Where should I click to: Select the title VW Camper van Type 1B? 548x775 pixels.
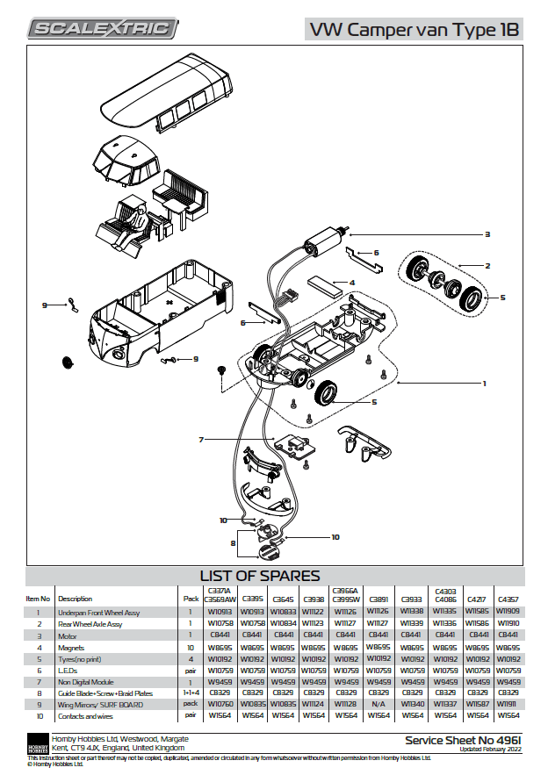point(413,30)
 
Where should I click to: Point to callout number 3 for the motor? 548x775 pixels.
point(487,234)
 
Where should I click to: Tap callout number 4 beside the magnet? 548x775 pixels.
point(351,283)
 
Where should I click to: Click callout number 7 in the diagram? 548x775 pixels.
point(201,439)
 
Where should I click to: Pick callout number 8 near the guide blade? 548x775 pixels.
point(234,543)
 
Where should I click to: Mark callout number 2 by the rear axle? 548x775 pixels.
point(487,265)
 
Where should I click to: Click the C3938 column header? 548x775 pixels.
point(314,599)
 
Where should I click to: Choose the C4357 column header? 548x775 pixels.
point(508,599)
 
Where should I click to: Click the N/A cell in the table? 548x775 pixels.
point(379,703)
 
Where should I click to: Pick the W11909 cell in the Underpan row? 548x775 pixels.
point(508,612)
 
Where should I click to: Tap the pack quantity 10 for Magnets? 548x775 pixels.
point(191,646)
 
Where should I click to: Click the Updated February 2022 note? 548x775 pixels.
point(488,750)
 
